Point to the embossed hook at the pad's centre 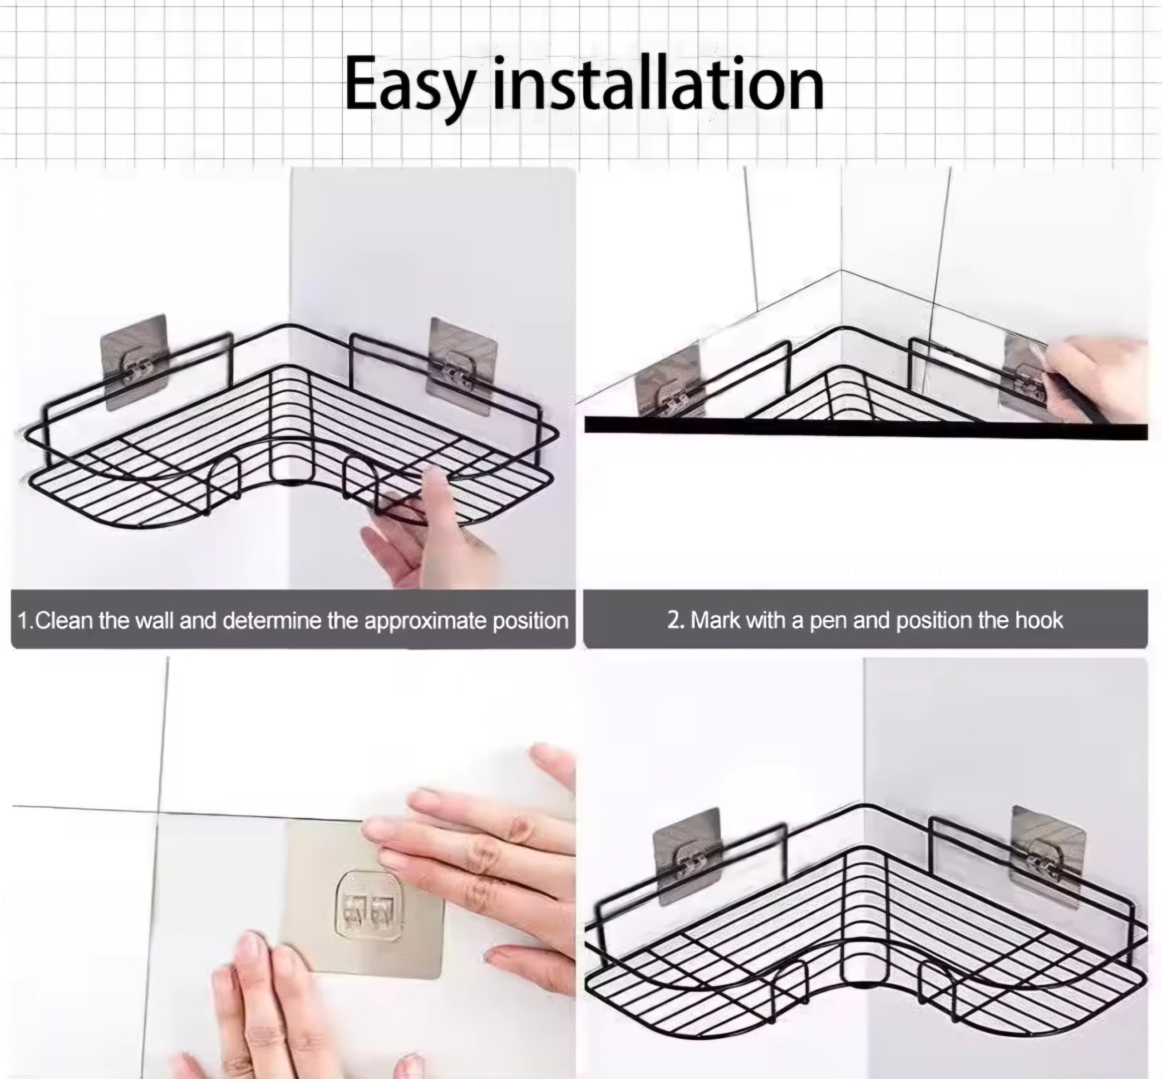[x=369, y=906]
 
